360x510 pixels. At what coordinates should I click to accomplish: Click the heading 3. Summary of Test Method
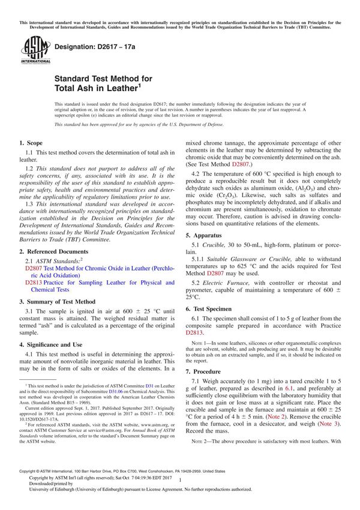(57, 301)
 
